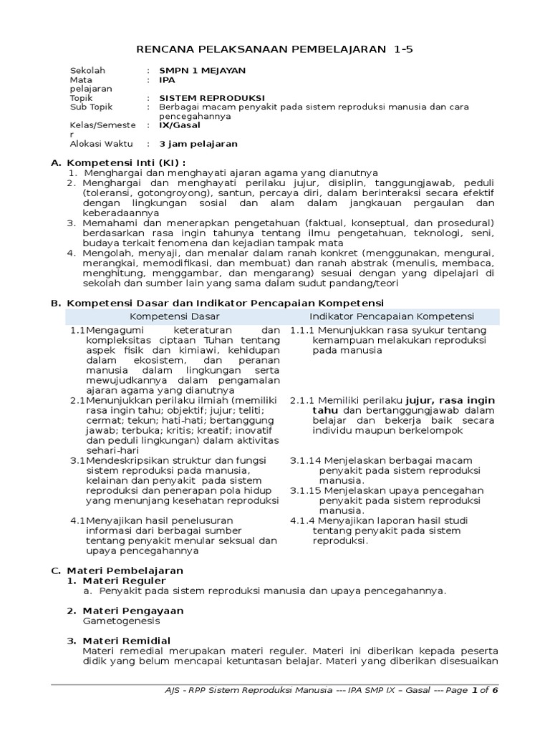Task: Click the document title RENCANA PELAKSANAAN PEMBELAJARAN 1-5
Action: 275,49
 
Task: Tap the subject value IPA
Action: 167,80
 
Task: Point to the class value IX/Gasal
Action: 180,125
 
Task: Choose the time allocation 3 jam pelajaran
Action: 198,143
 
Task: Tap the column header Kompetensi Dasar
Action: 175,316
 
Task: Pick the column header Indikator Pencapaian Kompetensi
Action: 392,316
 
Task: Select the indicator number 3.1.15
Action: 305,490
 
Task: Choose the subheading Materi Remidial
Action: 127,640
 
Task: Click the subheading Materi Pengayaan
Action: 133,611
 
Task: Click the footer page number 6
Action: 494,690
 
